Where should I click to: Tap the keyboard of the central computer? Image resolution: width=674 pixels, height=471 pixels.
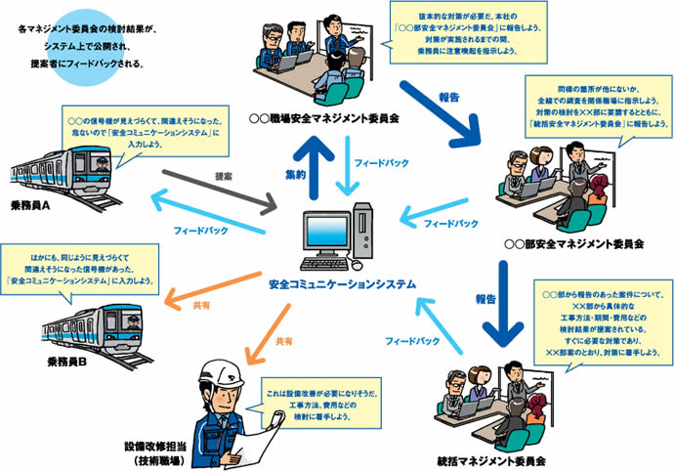pos(327,264)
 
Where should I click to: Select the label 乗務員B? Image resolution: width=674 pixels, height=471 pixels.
pos(67,362)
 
